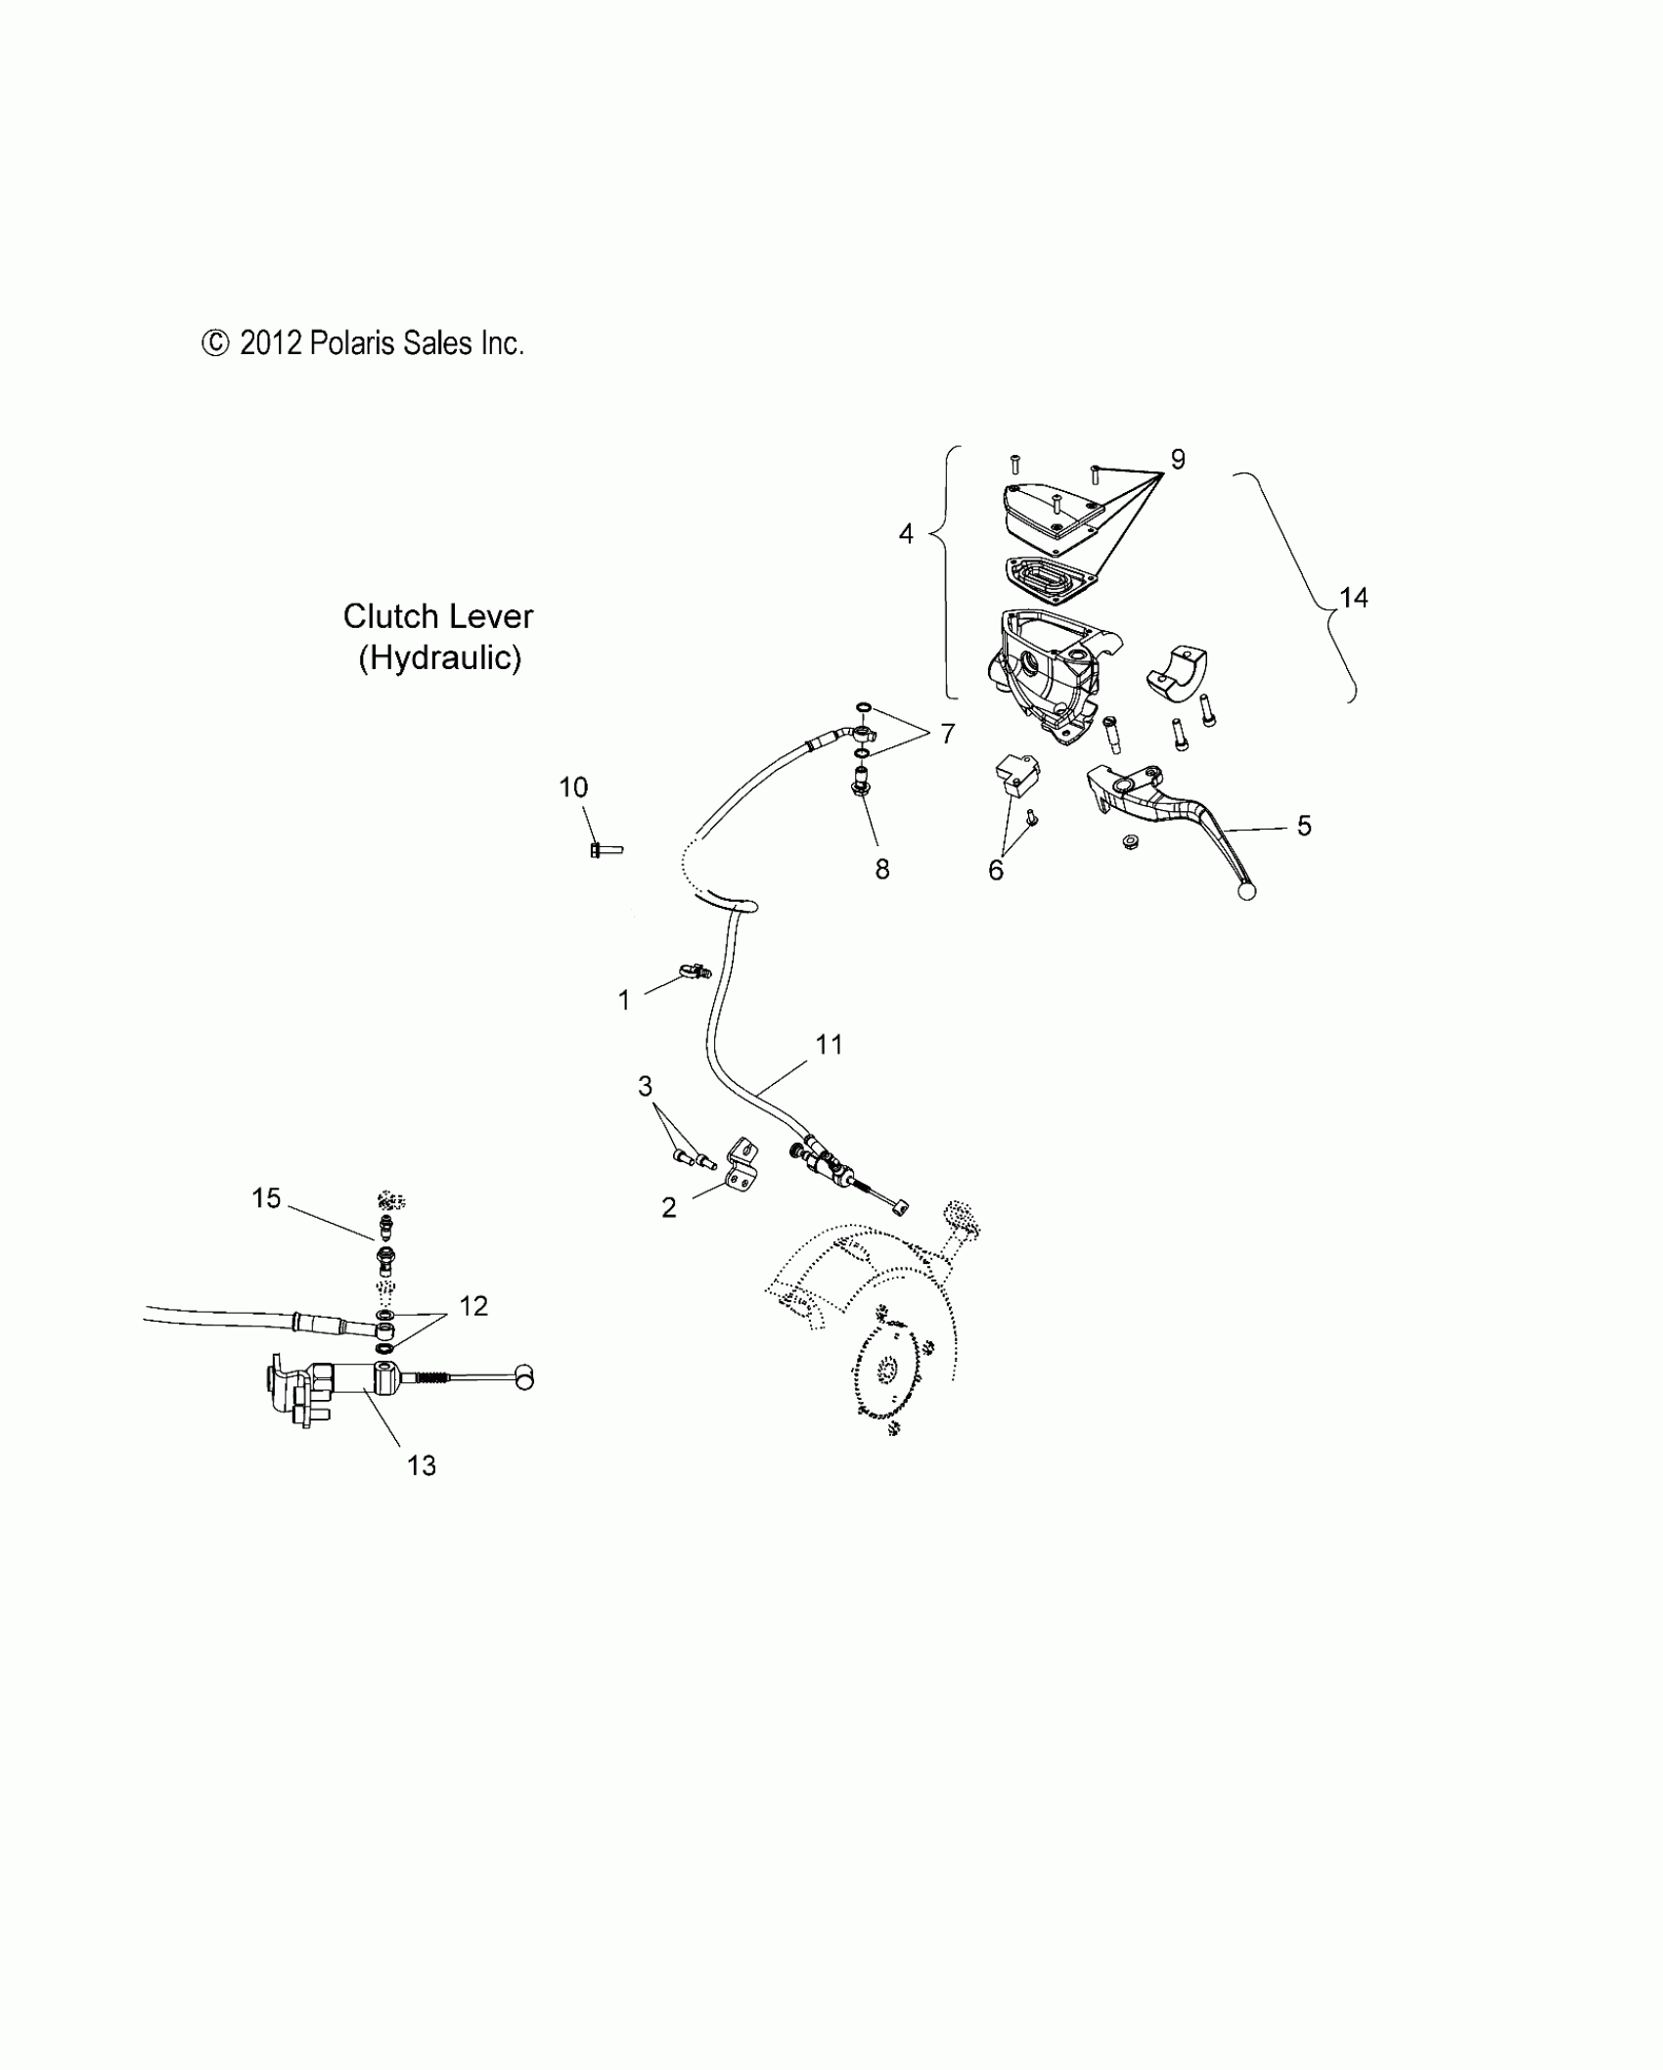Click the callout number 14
[1353, 598]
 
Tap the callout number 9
[1178, 459]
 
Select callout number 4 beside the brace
[906, 534]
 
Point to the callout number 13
[422, 1493]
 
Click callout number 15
[266, 1198]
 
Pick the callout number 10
[573, 787]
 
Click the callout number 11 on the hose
[829, 1045]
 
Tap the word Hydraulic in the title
[439, 657]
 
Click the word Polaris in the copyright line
[353, 343]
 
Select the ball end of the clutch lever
[1246, 891]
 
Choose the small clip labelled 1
[693, 971]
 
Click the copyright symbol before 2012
[214, 343]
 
